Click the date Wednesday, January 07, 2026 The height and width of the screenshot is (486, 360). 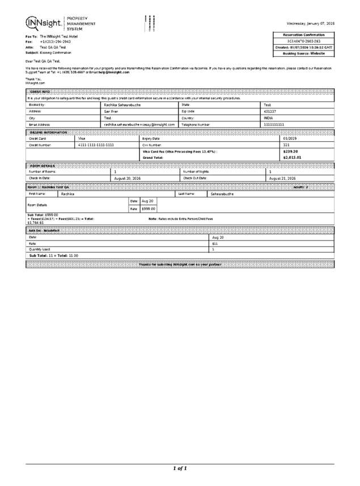(x=310, y=23)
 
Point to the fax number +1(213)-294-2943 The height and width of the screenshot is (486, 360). (x=56, y=42)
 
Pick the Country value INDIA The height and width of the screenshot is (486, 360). (x=269, y=117)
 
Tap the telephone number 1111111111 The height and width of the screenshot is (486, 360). (x=273, y=124)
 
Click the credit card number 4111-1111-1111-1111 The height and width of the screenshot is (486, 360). (x=96, y=145)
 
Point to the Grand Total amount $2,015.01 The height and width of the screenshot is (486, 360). (x=292, y=158)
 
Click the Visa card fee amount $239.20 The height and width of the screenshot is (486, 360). (x=290, y=151)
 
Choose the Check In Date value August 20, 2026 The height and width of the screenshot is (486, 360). (x=128, y=178)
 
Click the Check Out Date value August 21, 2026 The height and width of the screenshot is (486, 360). (x=282, y=178)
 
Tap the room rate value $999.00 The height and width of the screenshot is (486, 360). (x=148, y=209)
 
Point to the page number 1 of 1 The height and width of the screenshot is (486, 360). (x=180, y=468)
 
